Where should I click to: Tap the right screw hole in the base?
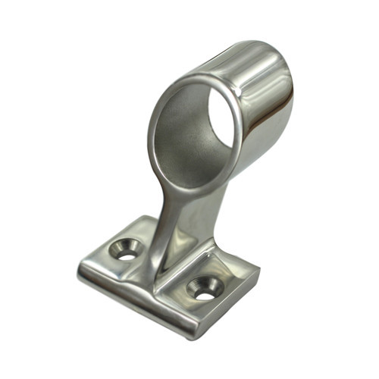click(203, 287)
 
